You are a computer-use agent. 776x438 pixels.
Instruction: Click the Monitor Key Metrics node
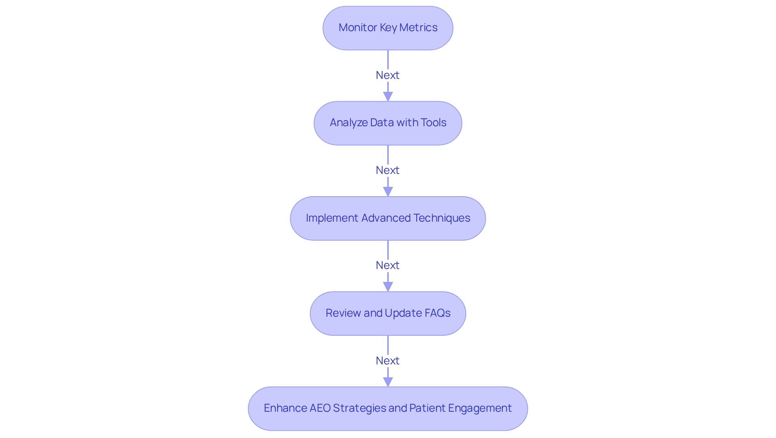tap(388, 28)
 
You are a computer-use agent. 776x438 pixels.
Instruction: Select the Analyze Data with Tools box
tap(388, 123)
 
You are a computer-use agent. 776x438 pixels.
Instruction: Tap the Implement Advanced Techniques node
tap(388, 218)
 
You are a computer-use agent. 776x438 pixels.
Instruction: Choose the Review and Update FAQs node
tap(388, 313)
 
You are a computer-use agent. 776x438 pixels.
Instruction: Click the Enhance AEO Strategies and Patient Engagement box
tap(388, 408)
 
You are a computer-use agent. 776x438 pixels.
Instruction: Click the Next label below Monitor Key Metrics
tap(388, 75)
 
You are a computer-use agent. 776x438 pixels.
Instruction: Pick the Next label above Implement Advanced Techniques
tap(388, 170)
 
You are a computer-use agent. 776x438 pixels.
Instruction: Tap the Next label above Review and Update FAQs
tap(388, 265)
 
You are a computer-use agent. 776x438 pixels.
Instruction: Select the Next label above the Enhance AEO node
tap(388, 361)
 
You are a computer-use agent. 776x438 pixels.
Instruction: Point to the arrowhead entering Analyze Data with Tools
tap(388, 97)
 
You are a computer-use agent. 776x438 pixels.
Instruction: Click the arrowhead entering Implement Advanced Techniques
tap(388, 192)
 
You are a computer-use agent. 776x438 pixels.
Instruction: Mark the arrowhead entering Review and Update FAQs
tap(388, 287)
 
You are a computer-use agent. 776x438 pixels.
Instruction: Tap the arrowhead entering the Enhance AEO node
tap(388, 382)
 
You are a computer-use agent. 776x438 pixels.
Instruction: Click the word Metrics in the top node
tap(418, 28)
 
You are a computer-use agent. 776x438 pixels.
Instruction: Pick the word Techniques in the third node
tap(442, 218)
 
